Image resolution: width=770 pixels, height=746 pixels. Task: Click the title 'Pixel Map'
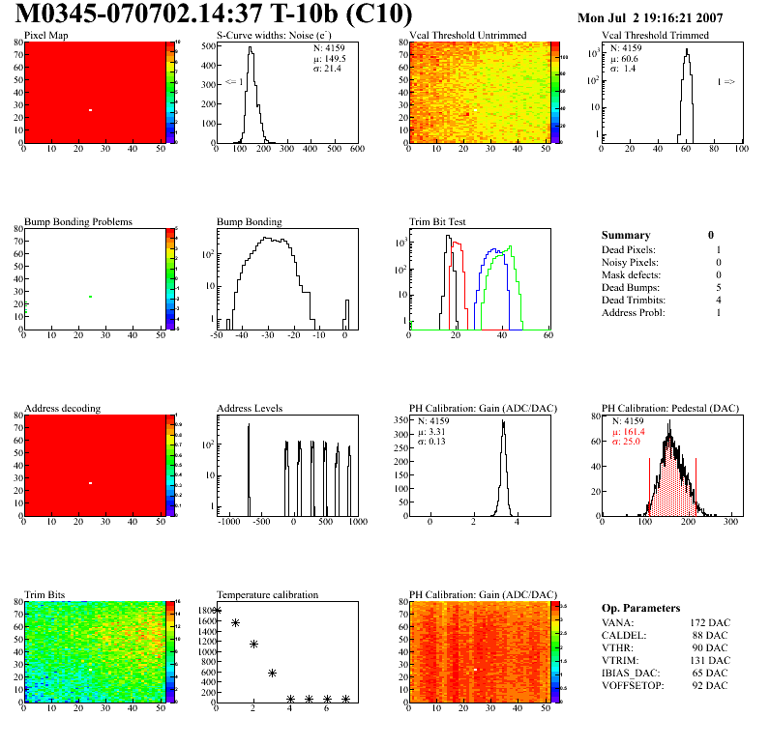click(x=46, y=36)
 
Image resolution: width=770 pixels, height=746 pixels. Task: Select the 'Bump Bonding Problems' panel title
click(x=78, y=222)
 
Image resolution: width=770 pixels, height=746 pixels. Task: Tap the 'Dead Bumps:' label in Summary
click(x=629, y=287)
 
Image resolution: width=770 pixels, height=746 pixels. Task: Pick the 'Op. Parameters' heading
click(x=640, y=608)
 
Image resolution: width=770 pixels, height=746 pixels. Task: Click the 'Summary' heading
click(x=626, y=235)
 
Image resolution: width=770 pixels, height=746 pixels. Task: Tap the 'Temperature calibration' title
click(x=267, y=594)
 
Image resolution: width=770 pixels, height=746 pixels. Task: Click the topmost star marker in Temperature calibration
click(x=217, y=611)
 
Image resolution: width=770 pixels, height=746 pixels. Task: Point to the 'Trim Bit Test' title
click(x=438, y=222)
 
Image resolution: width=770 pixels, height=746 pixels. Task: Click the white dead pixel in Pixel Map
click(x=90, y=110)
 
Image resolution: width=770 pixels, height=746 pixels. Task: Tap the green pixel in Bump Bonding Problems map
click(x=90, y=297)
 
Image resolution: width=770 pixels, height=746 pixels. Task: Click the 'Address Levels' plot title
click(x=250, y=409)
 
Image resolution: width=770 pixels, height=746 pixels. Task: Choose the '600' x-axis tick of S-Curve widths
click(x=356, y=150)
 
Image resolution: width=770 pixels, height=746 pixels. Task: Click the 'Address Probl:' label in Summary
click(x=633, y=312)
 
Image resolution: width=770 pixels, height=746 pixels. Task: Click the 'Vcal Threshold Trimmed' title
click(x=655, y=36)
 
